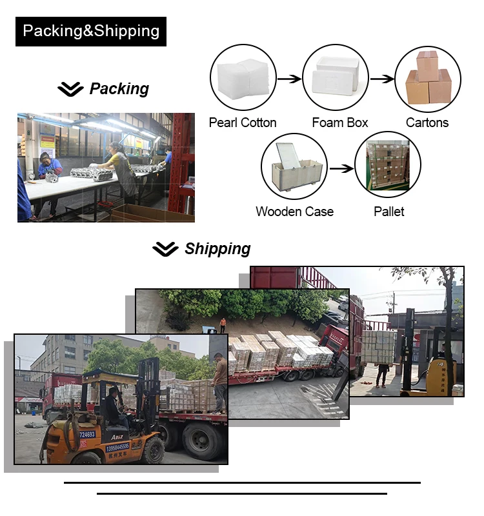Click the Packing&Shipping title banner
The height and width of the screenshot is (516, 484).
click(x=91, y=31)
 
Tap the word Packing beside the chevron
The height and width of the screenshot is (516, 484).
click(x=119, y=88)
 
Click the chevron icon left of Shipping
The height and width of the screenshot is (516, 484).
click(x=165, y=249)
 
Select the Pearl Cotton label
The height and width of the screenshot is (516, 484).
click(x=242, y=123)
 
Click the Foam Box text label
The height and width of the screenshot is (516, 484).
click(x=339, y=123)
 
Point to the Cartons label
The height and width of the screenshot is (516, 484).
click(x=427, y=123)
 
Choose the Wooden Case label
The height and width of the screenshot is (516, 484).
click(x=294, y=212)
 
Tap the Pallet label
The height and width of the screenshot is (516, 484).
click(x=388, y=212)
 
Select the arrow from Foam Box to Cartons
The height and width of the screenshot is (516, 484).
click(x=382, y=79)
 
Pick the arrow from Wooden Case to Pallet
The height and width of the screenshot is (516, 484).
click(x=341, y=168)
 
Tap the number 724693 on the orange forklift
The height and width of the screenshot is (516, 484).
click(x=88, y=435)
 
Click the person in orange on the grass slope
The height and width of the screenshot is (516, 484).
click(x=223, y=325)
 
